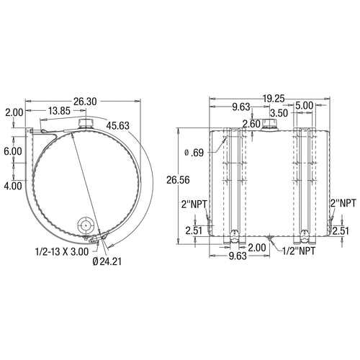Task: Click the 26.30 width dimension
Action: pyautogui.click(x=85, y=102)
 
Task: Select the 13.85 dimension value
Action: pyautogui.click(x=59, y=111)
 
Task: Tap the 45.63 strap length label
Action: pyautogui.click(x=118, y=125)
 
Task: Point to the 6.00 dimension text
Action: pyautogui.click(x=13, y=151)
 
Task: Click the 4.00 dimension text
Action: pyautogui.click(x=13, y=186)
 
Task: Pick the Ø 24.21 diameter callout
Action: pyautogui.click(x=107, y=261)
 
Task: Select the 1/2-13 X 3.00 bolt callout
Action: pyautogui.click(x=62, y=252)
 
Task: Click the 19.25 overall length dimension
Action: pyautogui.click(x=274, y=99)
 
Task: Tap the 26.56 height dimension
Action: pyautogui.click(x=178, y=180)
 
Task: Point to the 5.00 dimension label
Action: pyautogui.click(x=305, y=106)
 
